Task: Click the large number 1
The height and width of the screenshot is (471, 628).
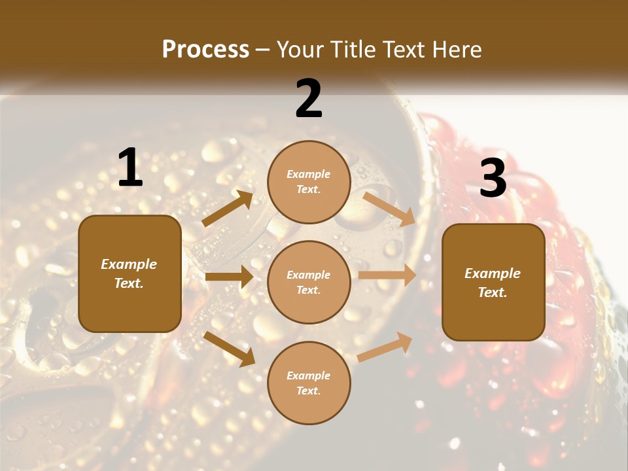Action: click(x=130, y=167)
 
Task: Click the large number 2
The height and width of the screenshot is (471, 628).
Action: click(x=309, y=99)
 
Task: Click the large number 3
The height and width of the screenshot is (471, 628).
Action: click(x=493, y=178)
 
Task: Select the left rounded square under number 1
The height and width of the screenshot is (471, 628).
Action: click(x=130, y=273)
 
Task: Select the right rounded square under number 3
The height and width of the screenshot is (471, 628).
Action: click(x=493, y=282)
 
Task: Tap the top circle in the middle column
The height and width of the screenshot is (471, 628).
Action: click(x=309, y=182)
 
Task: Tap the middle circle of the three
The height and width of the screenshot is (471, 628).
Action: click(x=309, y=282)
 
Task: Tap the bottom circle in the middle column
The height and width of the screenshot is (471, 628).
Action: click(x=309, y=383)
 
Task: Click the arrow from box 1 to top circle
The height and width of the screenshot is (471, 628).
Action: click(x=228, y=209)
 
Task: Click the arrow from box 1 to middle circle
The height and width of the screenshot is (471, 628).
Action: click(x=229, y=277)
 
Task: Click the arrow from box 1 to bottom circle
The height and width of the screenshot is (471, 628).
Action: click(x=229, y=348)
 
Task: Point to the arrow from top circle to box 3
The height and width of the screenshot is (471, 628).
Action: click(x=390, y=209)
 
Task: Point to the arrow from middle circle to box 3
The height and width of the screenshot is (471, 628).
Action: click(x=387, y=275)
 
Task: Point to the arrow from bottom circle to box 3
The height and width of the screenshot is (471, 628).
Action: click(x=385, y=347)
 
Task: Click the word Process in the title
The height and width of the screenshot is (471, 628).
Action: click(x=205, y=49)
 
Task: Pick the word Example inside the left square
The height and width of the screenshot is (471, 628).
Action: click(x=129, y=264)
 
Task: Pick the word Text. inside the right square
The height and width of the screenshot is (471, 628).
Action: click(x=493, y=292)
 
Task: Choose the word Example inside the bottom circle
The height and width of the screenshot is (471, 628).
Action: click(x=309, y=375)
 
